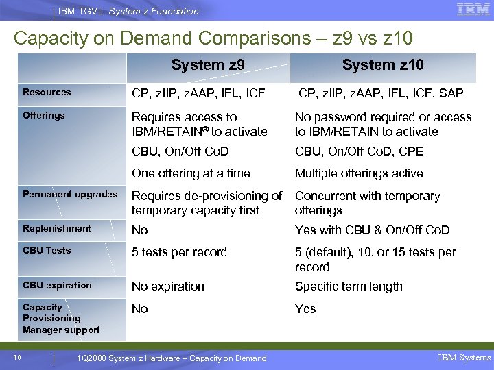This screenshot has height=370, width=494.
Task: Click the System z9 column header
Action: pos(208,66)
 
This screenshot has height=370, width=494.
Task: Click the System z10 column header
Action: pos(383,66)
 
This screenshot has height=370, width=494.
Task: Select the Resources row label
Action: pos(47,92)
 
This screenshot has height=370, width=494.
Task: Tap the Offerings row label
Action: pos(44,115)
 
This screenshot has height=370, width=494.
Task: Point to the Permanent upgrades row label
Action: pos(70,195)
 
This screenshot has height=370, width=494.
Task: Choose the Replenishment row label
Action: pos(57,228)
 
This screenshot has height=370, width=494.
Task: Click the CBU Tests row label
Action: pos(47,250)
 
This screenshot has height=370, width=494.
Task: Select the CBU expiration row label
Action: pos(57,285)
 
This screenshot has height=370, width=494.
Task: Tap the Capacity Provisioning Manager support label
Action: pos(61,319)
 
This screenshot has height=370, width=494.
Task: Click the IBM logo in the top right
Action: pos(473,10)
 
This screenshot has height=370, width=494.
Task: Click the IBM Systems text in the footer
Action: pos(464,358)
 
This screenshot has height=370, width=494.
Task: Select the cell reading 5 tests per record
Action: pos(179,252)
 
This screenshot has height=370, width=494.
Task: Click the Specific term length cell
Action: pos(349,286)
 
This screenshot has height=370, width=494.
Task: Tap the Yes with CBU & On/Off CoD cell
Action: pos(372,230)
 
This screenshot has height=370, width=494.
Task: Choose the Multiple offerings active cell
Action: pos(359,173)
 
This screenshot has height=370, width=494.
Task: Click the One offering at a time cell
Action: pos(191,173)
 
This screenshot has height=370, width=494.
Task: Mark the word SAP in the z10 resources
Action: pos(451,93)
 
